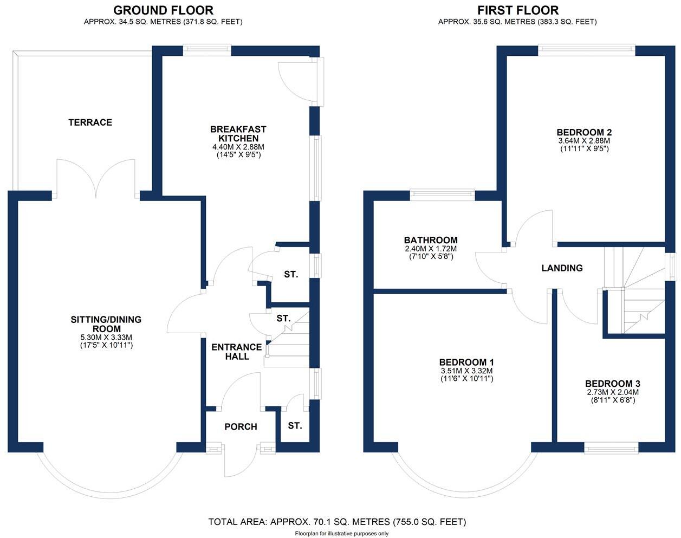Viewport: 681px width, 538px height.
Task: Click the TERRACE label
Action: tap(90, 122)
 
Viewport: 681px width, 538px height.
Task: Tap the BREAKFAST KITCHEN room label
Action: tap(238, 134)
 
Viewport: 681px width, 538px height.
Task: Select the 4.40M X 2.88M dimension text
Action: tap(238, 147)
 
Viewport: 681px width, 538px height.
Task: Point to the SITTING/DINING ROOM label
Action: tap(106, 324)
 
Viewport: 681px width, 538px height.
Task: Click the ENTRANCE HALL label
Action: tap(237, 352)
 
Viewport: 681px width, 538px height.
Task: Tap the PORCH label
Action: tap(241, 427)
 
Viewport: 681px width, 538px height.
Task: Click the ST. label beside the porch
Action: tap(295, 426)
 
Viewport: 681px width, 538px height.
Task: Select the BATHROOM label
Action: tap(431, 240)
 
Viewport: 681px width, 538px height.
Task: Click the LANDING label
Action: tap(562, 268)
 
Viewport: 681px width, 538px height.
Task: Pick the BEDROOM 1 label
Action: tap(466, 362)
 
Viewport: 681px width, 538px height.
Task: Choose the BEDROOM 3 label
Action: tap(613, 384)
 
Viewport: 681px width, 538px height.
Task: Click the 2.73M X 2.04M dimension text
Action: tap(613, 392)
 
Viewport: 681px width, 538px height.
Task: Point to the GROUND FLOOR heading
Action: tap(163, 10)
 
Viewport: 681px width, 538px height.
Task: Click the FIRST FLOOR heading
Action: tap(517, 10)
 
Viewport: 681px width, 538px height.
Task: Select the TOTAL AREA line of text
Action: tap(337, 522)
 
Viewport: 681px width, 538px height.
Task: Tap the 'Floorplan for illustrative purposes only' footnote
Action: tap(342, 534)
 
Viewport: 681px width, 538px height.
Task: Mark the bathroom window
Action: tap(442, 193)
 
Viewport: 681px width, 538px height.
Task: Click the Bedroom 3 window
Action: tap(611, 448)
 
